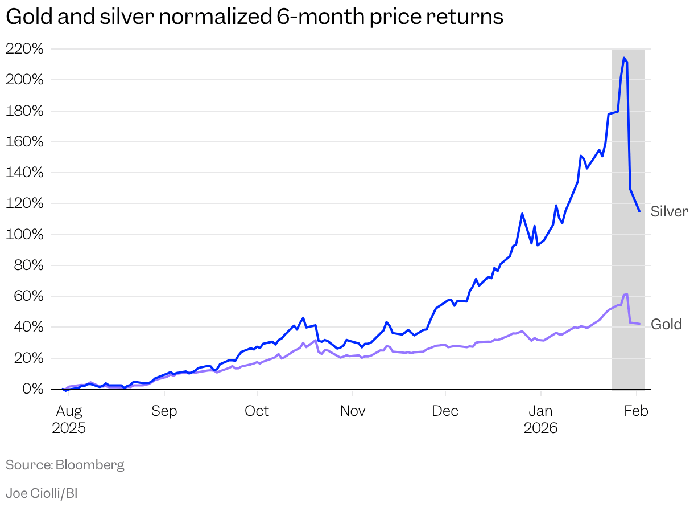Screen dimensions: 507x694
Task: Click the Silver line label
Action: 670,212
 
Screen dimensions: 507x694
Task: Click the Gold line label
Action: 666,325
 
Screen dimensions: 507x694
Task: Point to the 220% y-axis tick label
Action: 24,49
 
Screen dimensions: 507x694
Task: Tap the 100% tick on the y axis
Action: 24,235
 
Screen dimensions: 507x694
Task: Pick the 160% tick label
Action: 24,142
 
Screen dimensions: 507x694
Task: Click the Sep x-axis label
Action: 164,411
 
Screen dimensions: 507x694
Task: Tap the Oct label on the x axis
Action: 257,411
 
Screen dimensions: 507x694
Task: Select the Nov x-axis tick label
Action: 353,411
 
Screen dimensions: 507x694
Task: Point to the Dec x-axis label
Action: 445,411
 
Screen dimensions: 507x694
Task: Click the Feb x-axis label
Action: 636,411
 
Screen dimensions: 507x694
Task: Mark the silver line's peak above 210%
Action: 624,58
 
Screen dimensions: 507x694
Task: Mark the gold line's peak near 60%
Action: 626,294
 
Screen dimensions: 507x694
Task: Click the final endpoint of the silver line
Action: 639,211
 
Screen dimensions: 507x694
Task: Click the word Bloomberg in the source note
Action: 89,465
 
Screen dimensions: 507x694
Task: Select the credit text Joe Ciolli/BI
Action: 42,493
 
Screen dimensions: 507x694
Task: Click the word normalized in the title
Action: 214,17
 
